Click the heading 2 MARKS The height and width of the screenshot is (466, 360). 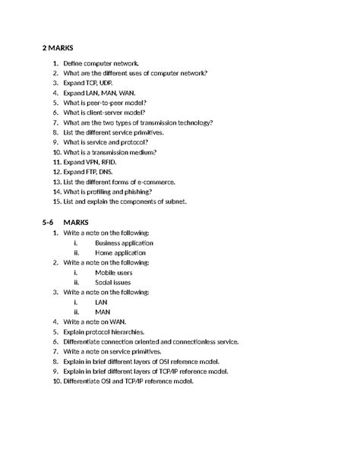click(64, 47)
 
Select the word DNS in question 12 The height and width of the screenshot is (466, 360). click(111, 173)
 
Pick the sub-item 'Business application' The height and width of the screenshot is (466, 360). click(124, 243)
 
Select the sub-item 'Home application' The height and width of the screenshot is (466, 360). click(120, 252)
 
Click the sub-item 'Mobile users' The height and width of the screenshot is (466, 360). click(113, 272)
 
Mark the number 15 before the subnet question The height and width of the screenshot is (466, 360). click(56, 202)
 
